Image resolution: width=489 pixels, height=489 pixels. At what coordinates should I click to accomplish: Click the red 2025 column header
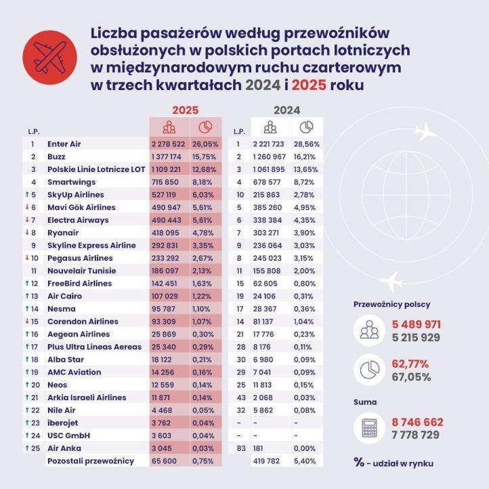tap(185, 110)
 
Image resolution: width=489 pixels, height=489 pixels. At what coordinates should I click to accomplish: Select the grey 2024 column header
tap(287, 110)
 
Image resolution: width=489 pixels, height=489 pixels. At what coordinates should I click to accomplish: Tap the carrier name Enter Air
tap(64, 144)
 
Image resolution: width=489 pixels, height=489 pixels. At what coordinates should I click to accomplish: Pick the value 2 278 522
tap(169, 144)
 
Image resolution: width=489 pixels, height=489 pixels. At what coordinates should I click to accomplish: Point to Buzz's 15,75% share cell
tap(205, 156)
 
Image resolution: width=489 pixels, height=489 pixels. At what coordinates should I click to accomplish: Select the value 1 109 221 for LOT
tap(169, 168)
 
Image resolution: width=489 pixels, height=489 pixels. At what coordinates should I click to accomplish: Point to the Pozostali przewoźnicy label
tap(89, 461)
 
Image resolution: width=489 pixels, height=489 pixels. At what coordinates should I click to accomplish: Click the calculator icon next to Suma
tap(370, 427)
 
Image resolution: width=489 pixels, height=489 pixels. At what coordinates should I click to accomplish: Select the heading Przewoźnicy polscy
tap(391, 304)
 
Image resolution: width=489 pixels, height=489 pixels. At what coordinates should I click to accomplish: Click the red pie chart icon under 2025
tap(205, 127)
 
